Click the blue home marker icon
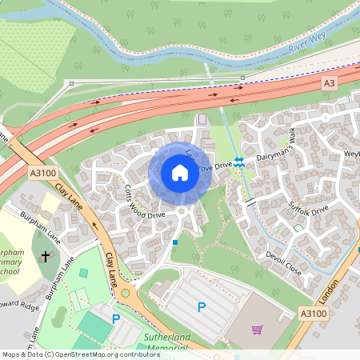[x=180, y=172]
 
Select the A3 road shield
[x=330, y=83]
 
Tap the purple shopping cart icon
[x=257, y=329]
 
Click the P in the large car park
[x=202, y=306]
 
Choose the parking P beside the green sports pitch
[x=116, y=318]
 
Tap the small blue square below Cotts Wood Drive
[x=175, y=241]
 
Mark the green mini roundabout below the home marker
[x=182, y=211]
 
